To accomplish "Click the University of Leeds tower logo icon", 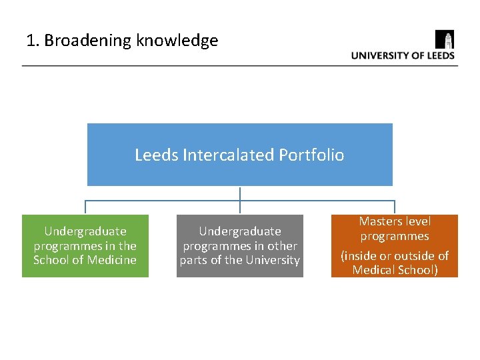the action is (445, 39).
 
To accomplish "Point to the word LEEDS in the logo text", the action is (441, 55).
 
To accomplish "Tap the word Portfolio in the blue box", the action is (311, 155).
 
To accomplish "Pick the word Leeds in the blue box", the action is (156, 155).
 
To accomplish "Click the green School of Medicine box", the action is (85, 245).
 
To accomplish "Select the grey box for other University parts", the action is (239, 245).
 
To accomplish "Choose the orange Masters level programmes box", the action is (395, 245).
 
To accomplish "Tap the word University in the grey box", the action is (273, 260).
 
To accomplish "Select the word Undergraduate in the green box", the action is (85, 231).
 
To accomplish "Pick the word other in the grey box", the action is (283, 246).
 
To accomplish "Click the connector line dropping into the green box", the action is (85, 207).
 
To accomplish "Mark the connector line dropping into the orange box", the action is (395, 207).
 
